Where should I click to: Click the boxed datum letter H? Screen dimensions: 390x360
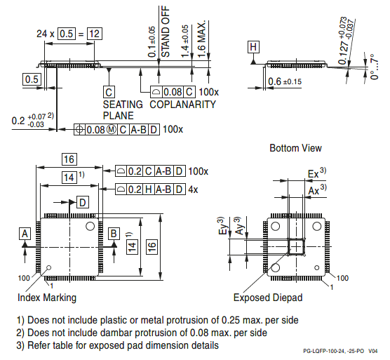pos(253,47)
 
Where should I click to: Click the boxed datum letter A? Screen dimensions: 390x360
pos(25,234)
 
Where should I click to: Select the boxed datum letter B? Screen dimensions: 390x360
pos(114,234)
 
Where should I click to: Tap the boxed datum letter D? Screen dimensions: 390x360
pos(83,202)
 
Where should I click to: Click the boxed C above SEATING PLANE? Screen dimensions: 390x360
pos(109,92)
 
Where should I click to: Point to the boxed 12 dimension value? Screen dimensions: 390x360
pos(95,34)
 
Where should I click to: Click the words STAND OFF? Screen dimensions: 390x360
pos(166,32)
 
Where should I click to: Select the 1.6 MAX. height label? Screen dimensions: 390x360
pos(202,39)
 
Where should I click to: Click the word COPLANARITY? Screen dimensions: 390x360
pos(183,105)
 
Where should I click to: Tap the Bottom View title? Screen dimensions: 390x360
pos(295,148)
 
